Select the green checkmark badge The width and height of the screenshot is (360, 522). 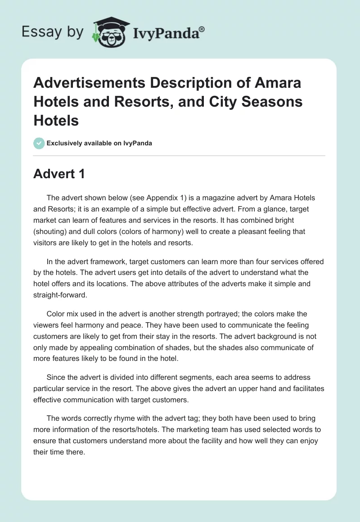coord(39,143)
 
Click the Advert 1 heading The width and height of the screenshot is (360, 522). coord(59,174)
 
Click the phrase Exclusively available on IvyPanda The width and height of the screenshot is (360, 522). coord(99,143)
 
